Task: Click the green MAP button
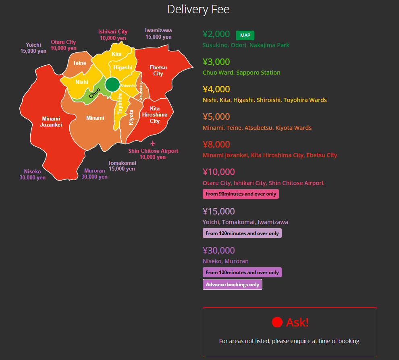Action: (x=245, y=35)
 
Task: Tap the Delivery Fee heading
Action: (x=198, y=9)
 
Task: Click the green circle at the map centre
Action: (x=112, y=84)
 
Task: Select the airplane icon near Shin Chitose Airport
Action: (x=153, y=144)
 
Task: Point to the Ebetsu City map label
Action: (x=158, y=71)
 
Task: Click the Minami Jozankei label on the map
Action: (x=51, y=122)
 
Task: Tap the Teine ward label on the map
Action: (x=79, y=63)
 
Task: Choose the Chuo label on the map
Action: (x=94, y=93)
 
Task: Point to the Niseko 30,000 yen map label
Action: (x=32, y=175)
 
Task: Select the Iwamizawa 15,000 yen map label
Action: (x=158, y=34)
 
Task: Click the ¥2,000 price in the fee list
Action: (x=216, y=34)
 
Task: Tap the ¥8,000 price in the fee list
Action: (x=216, y=144)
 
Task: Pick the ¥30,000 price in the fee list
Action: (x=219, y=250)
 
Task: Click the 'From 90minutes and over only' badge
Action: (x=241, y=194)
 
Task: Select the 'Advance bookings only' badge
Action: (x=233, y=285)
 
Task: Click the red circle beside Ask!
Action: (x=277, y=322)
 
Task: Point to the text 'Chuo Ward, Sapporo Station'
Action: (x=241, y=73)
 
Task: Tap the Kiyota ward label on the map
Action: (x=131, y=117)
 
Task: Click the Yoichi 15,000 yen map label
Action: (x=33, y=48)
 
